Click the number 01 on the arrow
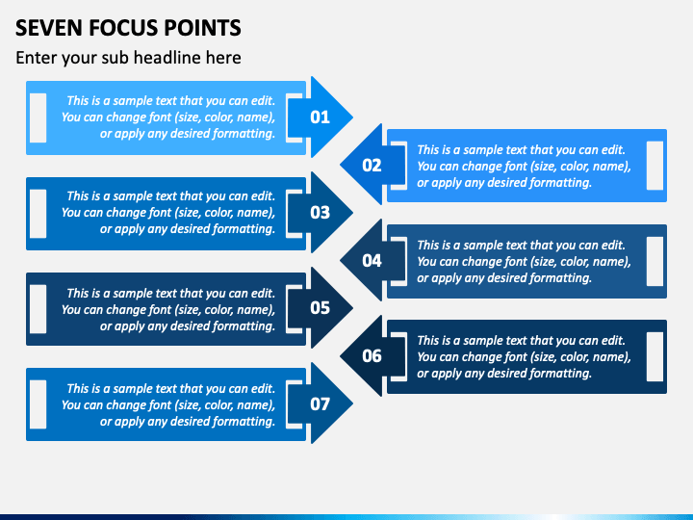point(320,117)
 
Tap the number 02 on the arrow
point(372,166)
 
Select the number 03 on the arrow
point(320,213)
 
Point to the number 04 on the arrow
point(372,261)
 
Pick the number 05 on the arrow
point(320,308)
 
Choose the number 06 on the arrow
point(372,356)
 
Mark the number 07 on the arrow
point(320,403)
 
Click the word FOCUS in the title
point(125,28)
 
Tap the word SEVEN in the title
point(49,28)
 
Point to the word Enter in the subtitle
point(36,58)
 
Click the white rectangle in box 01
point(38,117)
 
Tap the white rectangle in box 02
point(654,166)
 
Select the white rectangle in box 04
point(654,261)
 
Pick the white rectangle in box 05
point(38,309)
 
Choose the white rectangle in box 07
point(38,404)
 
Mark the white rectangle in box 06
point(654,356)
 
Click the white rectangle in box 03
point(38,214)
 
